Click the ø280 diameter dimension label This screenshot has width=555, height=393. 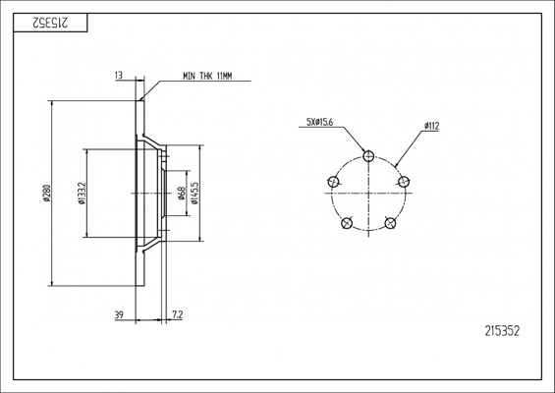[x=47, y=193]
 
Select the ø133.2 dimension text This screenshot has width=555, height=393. [x=82, y=194]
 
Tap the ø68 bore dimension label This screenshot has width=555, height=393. [x=182, y=194]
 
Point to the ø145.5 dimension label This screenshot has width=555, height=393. [x=195, y=194]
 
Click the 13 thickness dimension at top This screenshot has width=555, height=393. [x=119, y=75]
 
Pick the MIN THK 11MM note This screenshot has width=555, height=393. [x=207, y=76]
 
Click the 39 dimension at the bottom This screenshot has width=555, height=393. [x=119, y=314]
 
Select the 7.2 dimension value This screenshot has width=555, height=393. [x=178, y=314]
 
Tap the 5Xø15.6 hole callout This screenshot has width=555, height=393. [x=319, y=122]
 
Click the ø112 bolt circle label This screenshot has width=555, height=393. [x=431, y=126]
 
